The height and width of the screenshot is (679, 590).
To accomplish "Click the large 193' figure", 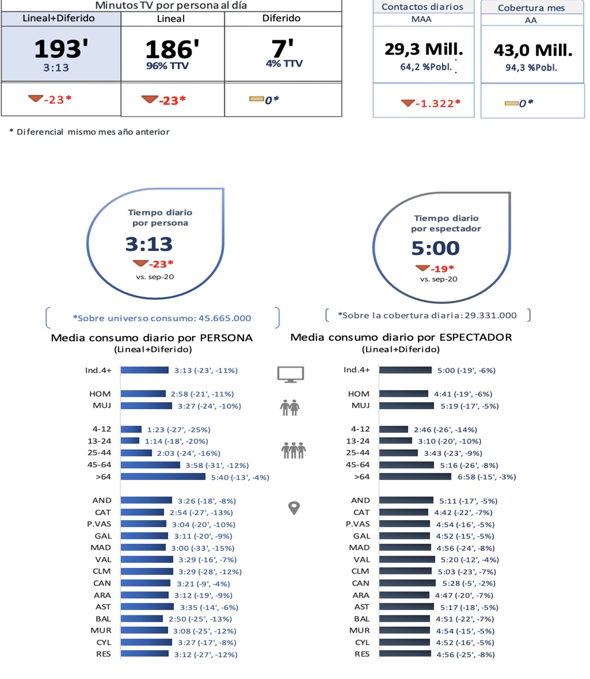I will click(61, 49).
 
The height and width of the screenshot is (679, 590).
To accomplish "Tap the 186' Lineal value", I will click(172, 50).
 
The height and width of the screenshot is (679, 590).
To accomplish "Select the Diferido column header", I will click(281, 18).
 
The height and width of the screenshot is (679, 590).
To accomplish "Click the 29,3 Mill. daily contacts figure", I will click(424, 49).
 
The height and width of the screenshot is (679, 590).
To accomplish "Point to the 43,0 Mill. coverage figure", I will click(533, 50).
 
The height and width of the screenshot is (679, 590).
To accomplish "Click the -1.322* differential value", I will click(437, 103).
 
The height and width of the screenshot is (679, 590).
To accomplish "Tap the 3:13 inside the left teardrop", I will click(149, 244).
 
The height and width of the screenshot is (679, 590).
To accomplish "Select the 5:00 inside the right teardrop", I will click(435, 248).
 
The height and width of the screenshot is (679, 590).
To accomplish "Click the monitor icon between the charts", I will click(290, 374).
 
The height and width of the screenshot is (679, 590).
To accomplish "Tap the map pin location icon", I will click(294, 508).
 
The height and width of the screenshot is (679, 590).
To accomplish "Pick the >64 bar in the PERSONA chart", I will click(163, 477).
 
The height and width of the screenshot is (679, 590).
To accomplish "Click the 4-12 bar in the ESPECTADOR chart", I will click(393, 429).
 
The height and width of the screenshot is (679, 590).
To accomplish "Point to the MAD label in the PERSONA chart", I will click(101, 548).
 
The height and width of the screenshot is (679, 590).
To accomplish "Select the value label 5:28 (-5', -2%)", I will click(468, 583).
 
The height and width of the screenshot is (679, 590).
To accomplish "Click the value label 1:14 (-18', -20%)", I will click(176, 441).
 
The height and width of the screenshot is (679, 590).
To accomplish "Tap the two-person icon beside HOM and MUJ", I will click(290, 407).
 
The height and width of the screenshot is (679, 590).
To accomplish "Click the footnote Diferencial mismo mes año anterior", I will click(93, 132).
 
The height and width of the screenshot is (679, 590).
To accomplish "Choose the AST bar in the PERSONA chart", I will click(147, 607).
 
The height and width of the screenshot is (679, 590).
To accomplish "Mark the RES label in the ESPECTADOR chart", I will click(362, 654).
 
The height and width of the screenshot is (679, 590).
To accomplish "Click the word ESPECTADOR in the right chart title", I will click(476, 337).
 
